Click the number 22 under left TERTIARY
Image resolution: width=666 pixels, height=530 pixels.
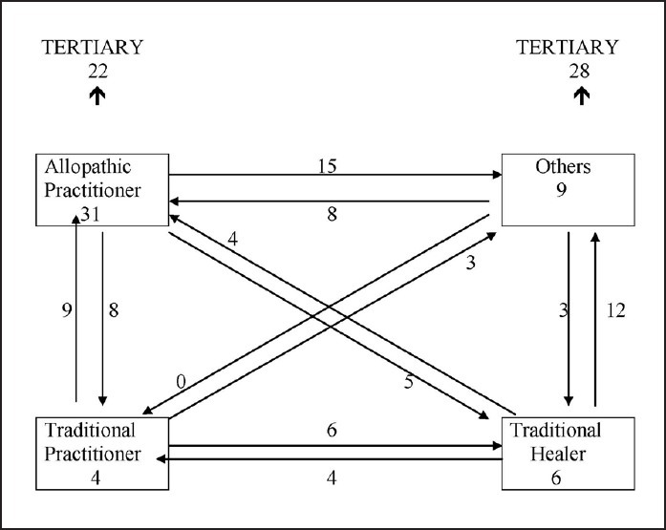coord(97,69)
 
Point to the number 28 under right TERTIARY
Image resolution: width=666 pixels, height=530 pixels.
coord(580,69)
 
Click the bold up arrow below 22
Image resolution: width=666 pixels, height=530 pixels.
coord(97,95)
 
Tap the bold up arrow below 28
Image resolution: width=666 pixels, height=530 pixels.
coord(580,95)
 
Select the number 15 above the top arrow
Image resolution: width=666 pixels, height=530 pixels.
coord(328,165)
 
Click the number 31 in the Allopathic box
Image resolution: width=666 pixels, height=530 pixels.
coord(92,215)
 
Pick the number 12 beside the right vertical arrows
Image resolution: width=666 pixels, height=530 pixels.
coord(617,312)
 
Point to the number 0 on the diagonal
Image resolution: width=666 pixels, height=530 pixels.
coord(181,382)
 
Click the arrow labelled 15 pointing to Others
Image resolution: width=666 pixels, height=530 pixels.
coord(334,176)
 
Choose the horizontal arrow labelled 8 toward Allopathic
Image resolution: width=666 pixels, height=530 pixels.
coord(334,201)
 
